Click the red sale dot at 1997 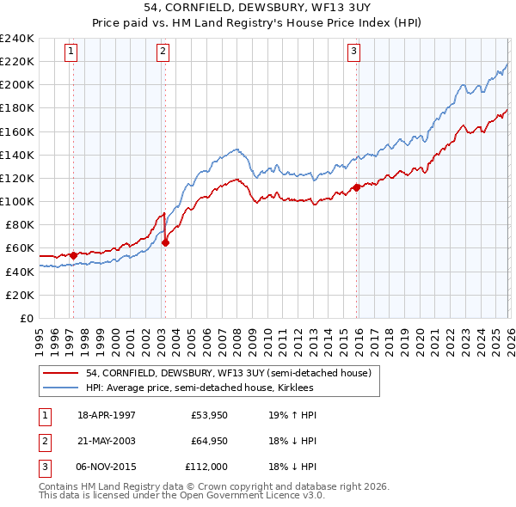[x=73, y=254]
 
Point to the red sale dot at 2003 [x=166, y=242]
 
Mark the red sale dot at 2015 [x=356, y=187]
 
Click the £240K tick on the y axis [x=17, y=39]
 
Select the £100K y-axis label [x=17, y=201]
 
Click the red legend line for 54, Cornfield [x=61, y=373]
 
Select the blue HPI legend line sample [x=61, y=388]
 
